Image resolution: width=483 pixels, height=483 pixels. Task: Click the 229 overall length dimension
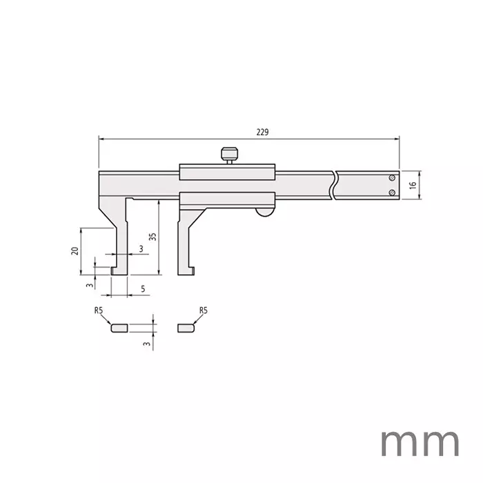pos(262,132)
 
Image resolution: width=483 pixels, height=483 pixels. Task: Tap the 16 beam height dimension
pos(412,185)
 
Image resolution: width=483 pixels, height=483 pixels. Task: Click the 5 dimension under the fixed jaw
pos(142,288)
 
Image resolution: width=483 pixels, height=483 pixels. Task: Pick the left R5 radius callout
pos(99,311)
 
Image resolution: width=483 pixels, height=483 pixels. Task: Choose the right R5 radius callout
pos(203,311)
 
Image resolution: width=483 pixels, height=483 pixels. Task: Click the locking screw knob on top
pos(229,154)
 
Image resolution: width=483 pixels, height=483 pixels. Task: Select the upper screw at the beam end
pos(392,178)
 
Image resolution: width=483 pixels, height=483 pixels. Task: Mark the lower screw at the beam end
pos(392,193)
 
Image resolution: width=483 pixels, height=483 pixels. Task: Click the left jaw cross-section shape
pos(119,328)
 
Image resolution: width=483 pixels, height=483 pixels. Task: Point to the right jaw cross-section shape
pos(186,328)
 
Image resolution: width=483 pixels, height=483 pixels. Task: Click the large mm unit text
pos(420,440)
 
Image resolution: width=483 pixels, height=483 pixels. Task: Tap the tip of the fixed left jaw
pos(119,272)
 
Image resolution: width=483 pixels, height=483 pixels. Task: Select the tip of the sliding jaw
pos(186,272)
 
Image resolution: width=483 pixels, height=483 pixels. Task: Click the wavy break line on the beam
pos(335,185)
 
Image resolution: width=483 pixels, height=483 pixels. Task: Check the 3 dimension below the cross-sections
pos(146,343)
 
